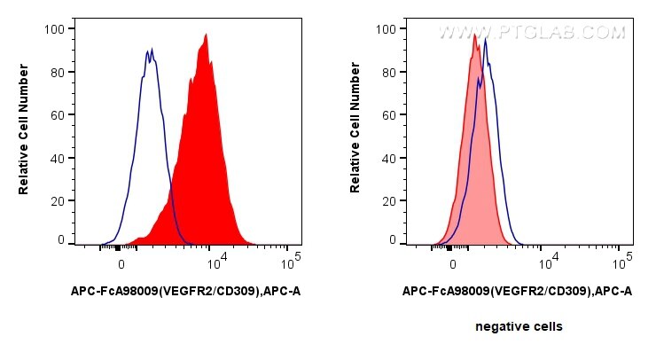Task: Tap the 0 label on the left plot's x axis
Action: click(121, 263)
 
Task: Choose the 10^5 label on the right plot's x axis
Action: click(623, 262)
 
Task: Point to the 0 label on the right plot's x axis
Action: click(452, 263)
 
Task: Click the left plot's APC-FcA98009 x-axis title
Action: click(185, 291)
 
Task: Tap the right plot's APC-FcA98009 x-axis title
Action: click(517, 291)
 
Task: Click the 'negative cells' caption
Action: click(519, 326)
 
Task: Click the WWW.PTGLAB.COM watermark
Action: click(532, 33)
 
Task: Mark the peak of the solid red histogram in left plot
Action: click(206, 35)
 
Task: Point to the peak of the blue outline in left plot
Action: click(150, 50)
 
